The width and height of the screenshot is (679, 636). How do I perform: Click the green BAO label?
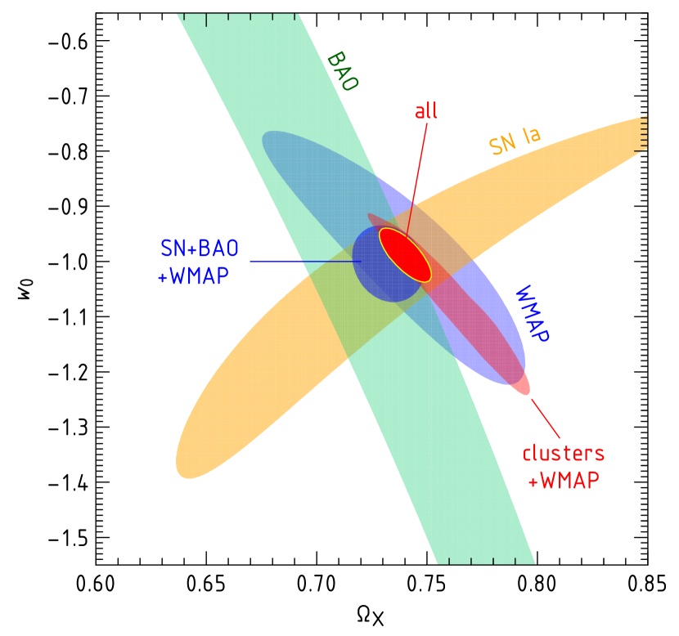click(342, 72)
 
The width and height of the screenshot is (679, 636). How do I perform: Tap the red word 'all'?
click(426, 111)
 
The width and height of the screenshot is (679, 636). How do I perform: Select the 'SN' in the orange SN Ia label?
click(502, 144)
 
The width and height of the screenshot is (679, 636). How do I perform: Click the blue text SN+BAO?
click(200, 249)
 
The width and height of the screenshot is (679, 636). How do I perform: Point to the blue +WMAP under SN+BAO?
click(193, 276)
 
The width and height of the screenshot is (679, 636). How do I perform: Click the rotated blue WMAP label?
click(531, 314)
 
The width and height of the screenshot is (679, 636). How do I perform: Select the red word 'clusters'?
click(564, 453)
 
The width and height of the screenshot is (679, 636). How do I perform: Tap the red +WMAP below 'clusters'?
click(564, 481)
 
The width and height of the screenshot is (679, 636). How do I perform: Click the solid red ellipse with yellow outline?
click(406, 254)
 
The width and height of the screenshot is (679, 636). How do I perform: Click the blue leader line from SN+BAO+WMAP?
click(303, 262)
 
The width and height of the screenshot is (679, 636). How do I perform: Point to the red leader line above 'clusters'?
click(546, 419)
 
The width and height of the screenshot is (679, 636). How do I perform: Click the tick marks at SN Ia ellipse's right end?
click(642, 132)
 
